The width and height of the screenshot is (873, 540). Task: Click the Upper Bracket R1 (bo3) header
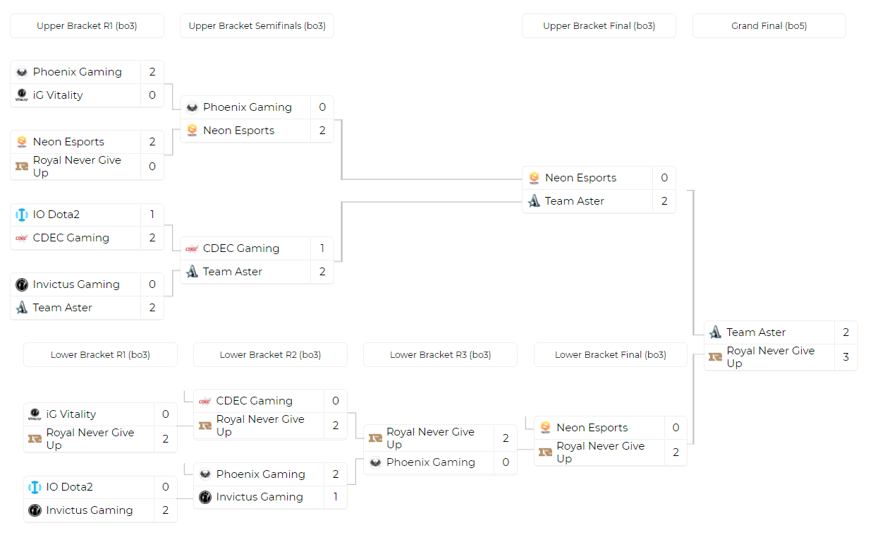click(x=87, y=26)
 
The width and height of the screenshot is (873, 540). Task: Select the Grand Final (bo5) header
click(x=769, y=26)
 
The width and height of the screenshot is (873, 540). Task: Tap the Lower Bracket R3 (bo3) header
click(x=440, y=355)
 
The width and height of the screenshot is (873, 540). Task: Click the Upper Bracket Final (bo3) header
click(x=599, y=26)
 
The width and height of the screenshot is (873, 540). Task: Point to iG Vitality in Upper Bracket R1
click(x=58, y=95)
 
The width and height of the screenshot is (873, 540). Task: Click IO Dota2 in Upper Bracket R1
click(x=56, y=215)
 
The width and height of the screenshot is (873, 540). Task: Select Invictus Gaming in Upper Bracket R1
click(x=76, y=284)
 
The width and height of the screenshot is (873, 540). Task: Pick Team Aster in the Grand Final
click(x=756, y=332)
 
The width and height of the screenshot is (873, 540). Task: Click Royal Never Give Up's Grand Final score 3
click(x=845, y=357)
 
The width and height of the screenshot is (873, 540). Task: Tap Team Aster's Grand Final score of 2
click(x=845, y=332)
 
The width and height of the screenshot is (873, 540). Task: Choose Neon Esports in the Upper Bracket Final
click(x=580, y=178)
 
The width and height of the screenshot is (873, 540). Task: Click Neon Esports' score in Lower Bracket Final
click(x=676, y=428)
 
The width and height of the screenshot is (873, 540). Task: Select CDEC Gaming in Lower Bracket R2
click(x=254, y=401)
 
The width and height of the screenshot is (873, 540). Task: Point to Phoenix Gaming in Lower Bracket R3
click(x=430, y=462)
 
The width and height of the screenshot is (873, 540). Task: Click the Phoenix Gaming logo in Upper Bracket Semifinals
click(x=192, y=107)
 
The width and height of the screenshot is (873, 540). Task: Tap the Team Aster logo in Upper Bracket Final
click(x=534, y=201)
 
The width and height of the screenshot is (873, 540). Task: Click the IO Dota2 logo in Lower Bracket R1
click(x=35, y=487)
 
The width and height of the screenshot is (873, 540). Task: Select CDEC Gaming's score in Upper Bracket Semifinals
click(x=322, y=248)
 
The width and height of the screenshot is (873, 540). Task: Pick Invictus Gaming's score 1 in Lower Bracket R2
click(x=336, y=497)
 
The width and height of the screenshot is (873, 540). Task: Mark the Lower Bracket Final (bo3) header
click(x=610, y=355)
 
